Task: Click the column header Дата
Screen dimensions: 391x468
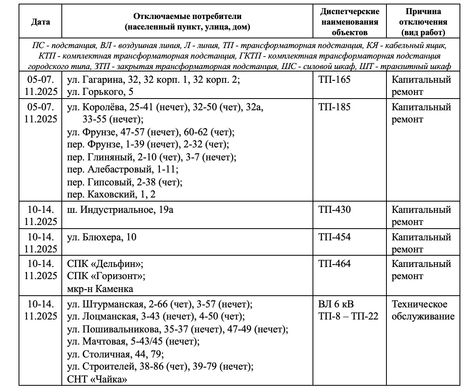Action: pos(40,22)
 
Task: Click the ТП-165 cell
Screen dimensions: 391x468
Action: pos(334,80)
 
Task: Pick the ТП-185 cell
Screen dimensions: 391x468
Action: pos(334,107)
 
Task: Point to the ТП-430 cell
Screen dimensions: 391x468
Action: pos(334,210)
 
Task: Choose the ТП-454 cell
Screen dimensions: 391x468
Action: pos(334,237)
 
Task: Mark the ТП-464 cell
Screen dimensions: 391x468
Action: pos(334,264)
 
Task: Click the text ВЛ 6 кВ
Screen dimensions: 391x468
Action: pos(336,304)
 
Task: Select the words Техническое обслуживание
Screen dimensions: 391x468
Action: pos(423,310)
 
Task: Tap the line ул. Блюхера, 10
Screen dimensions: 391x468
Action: pos(101,237)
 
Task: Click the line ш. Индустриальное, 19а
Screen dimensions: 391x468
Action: pos(120,210)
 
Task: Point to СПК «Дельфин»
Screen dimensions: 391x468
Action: pos(105,264)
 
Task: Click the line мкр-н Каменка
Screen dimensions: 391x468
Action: pos(100,289)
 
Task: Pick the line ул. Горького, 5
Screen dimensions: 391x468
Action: pos(100,92)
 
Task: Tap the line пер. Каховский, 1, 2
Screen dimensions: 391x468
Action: pos(111,195)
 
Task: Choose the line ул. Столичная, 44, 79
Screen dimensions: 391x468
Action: pos(115,355)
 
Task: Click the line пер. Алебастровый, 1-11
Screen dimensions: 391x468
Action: pos(122,170)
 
